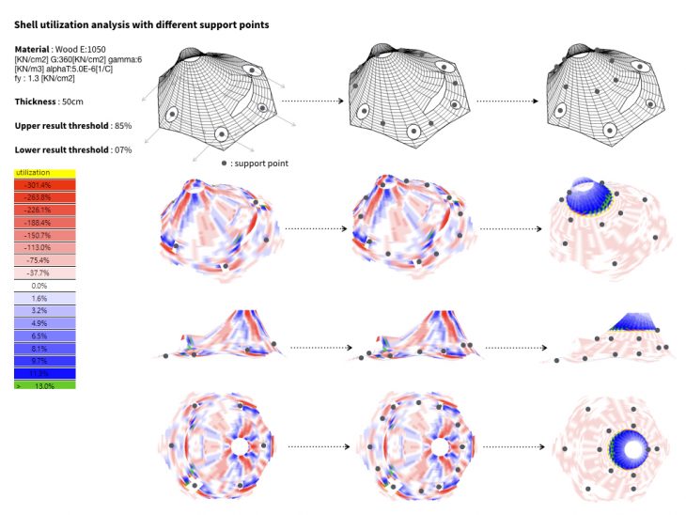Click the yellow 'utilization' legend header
(x=45, y=173)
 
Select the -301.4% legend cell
(x=45, y=185)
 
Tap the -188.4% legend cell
(x=45, y=223)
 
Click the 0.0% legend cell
(x=45, y=285)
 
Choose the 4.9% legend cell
(x=45, y=322)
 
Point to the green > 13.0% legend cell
(x=45, y=385)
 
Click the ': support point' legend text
(x=260, y=164)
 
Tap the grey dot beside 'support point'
(x=225, y=164)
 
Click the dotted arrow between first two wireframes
(x=309, y=99)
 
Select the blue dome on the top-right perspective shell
(x=590, y=194)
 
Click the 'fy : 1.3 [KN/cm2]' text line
(x=45, y=78)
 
